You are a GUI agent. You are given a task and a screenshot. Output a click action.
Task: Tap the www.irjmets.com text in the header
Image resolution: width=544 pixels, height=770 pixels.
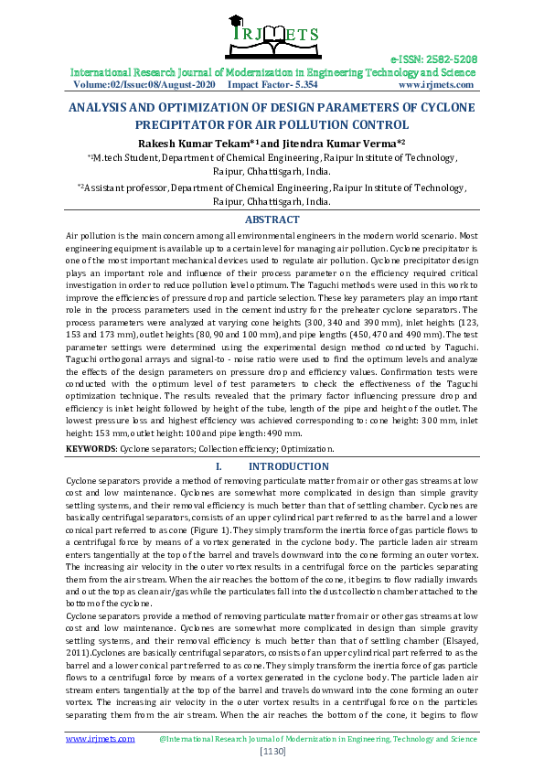tap(437, 84)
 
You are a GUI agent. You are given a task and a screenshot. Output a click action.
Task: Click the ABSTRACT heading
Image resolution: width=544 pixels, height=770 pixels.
tap(272, 219)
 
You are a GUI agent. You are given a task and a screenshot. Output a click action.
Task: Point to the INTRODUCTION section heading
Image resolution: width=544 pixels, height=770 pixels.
tap(289, 466)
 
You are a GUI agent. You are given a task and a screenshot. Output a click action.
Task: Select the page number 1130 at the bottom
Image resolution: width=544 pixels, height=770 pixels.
tap(272, 752)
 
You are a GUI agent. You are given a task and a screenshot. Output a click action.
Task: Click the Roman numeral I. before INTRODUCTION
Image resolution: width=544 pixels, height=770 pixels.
tap(219, 466)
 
